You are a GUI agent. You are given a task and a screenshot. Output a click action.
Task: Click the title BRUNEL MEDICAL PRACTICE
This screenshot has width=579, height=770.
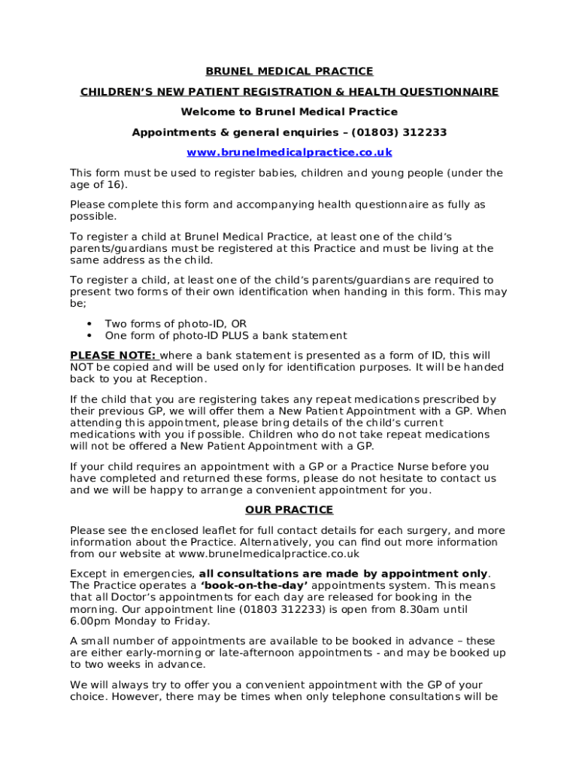tap(289, 71)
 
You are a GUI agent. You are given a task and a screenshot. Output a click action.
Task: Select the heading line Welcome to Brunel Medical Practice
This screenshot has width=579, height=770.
tap(289, 112)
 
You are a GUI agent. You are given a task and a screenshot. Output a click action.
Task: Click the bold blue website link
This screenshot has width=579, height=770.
tap(289, 153)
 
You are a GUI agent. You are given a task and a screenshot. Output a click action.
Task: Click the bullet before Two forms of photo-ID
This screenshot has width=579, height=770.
tap(89, 324)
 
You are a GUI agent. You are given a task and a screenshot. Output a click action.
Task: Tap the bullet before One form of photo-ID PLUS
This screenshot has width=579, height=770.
tap(89, 336)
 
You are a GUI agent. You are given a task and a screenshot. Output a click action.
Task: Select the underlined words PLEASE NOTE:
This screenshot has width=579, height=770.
tap(113, 356)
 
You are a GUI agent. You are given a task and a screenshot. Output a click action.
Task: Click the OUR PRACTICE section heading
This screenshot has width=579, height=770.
tap(289, 510)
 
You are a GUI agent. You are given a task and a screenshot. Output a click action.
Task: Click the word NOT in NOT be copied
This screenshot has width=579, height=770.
tap(81, 368)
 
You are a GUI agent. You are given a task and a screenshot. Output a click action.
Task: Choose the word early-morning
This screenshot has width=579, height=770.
tap(147, 653)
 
